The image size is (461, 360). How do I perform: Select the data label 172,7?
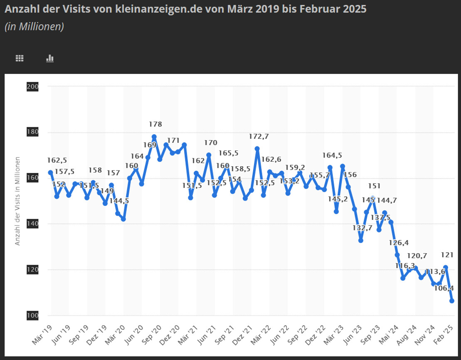point(259,136)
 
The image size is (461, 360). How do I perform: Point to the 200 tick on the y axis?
point(32,87)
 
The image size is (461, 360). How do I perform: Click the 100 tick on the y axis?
point(32,316)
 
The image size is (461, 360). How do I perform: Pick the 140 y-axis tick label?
point(32,224)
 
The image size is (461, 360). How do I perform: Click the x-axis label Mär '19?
point(43,334)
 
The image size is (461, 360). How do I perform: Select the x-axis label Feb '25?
point(444,334)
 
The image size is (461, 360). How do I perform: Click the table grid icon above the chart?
point(20,58)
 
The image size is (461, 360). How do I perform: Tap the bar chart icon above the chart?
point(50,58)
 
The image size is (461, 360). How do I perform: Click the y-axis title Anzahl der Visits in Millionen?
point(17,201)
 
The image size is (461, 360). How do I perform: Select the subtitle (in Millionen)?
point(34,27)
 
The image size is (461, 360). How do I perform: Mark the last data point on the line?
point(451,301)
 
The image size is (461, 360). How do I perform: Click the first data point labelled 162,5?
point(51,172)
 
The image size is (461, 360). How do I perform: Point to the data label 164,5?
point(332,155)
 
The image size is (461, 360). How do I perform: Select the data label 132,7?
point(351,228)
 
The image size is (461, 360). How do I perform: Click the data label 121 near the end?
point(447,255)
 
